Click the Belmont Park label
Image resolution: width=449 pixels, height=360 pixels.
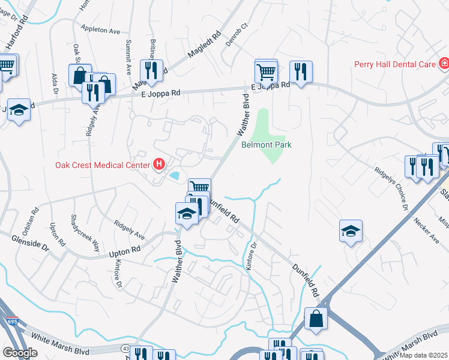(x=266, y=145)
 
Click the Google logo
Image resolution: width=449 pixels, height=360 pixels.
(x=20, y=353)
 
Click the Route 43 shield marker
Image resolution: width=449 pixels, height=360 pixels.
(x=125, y=348)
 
